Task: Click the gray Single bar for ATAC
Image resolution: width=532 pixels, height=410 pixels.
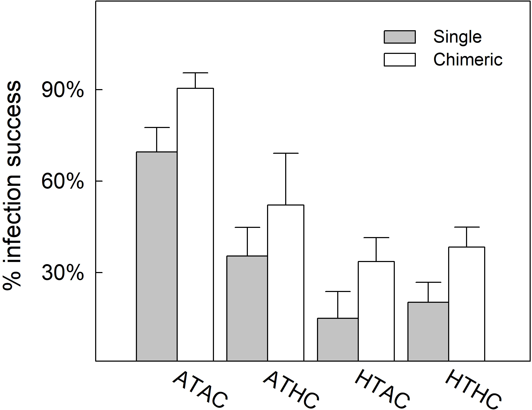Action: point(157,256)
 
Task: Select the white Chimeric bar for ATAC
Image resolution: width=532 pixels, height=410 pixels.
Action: point(195,225)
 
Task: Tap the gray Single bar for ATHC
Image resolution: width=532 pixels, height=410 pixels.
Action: point(247,308)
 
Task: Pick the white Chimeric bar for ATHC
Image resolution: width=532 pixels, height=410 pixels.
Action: point(285,283)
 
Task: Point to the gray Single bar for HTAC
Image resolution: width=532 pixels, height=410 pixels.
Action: point(337,339)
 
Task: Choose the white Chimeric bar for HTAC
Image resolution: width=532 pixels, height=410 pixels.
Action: point(376,311)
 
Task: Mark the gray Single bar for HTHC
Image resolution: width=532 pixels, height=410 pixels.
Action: point(428,331)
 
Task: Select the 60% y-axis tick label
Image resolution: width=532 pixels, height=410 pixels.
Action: point(63,182)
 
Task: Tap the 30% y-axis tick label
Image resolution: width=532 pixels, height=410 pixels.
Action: point(63,273)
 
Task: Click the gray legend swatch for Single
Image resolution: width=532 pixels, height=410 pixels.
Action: point(400,37)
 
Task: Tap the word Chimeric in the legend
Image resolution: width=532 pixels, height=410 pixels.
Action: point(468,60)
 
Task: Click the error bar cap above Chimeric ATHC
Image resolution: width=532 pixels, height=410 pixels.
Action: point(285,153)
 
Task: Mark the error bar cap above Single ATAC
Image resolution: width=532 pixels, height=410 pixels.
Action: point(157,127)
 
